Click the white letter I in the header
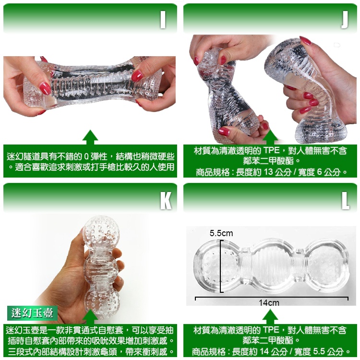point(163,20)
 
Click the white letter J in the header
point(344,20)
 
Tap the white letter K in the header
point(166,200)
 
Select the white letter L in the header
point(345,200)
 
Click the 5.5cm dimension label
point(221,233)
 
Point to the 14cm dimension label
point(269,303)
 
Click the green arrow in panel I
point(90,137)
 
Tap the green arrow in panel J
point(270,137)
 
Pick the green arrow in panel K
point(90,317)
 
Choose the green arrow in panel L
point(270,317)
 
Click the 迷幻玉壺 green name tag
point(32,313)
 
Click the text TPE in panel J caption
point(271,151)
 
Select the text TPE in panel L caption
point(271,330)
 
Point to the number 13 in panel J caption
point(268,172)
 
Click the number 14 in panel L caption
point(264,351)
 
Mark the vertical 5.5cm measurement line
point(221,266)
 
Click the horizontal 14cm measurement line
point(272,298)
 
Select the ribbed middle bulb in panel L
point(272,266)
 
